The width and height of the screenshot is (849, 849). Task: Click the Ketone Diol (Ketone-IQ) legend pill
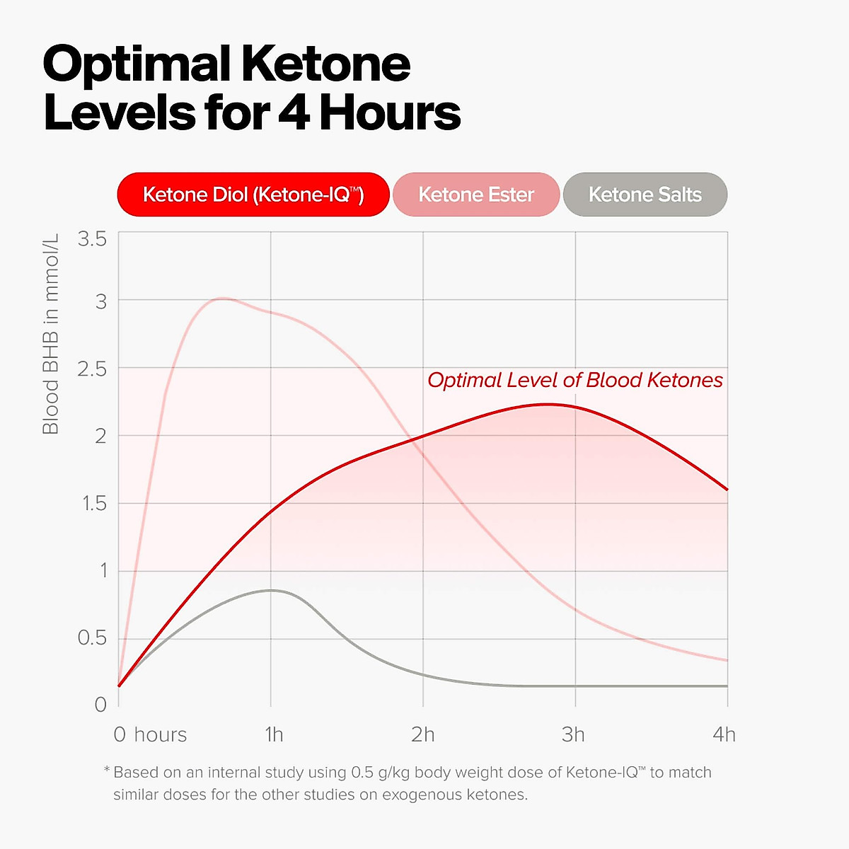[x=253, y=195]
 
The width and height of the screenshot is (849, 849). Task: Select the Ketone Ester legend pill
[x=476, y=195]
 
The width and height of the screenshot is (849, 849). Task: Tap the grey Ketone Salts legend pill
[x=645, y=195]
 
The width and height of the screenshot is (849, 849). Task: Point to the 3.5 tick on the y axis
[x=92, y=239]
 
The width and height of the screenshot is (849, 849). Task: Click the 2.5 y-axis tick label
[x=92, y=369]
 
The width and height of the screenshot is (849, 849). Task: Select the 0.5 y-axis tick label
[x=92, y=638]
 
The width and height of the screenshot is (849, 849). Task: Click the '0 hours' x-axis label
[x=150, y=735]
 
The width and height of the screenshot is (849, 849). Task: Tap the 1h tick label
[x=274, y=735]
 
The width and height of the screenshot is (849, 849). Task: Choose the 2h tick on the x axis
[x=423, y=735]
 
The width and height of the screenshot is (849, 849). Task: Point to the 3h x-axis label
[x=574, y=735]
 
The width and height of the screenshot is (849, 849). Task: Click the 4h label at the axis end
[x=724, y=735]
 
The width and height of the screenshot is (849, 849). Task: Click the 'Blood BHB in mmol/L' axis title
[x=51, y=333]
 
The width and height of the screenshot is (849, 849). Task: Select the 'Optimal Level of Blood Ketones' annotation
[x=575, y=381]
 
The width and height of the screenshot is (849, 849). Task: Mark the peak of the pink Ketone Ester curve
[x=222, y=299]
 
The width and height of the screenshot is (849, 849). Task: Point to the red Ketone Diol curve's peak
[x=548, y=405]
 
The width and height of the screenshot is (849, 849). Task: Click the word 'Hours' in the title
[x=390, y=113]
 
